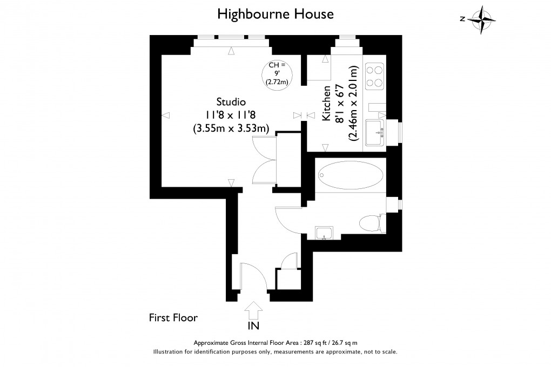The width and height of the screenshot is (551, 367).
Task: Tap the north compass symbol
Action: click(x=481, y=20)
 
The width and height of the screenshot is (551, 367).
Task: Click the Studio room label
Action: click(x=231, y=101)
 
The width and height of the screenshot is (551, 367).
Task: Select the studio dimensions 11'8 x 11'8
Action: click(x=231, y=115)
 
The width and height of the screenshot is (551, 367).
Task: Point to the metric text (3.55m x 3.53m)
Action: click(x=231, y=128)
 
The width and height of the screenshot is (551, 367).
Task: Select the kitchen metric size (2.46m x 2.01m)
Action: click(x=353, y=104)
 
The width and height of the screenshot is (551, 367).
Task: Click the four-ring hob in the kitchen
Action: click(x=374, y=76)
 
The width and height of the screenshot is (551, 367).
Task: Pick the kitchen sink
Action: click(x=374, y=132)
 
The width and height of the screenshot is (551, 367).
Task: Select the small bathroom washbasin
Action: click(x=324, y=233)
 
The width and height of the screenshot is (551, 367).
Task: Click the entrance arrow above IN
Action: click(x=254, y=311)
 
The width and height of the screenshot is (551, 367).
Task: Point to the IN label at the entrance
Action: click(x=254, y=326)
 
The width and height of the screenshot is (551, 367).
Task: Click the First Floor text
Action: click(x=173, y=318)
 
